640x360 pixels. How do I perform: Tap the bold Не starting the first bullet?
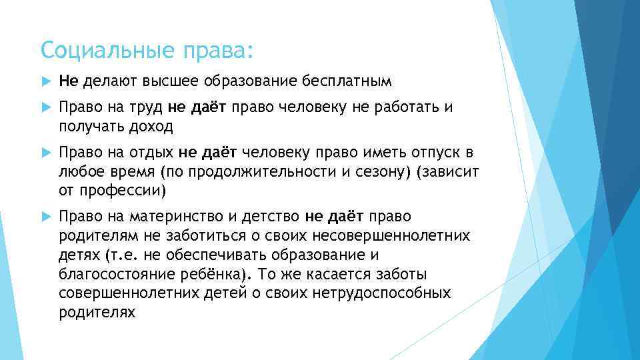pyautogui.click(x=68, y=81)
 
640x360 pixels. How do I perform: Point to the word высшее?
pyautogui.click(x=185, y=81)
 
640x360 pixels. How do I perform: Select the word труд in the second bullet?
pyautogui.click(x=147, y=109)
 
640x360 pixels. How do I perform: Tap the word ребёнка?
pyautogui.click(x=216, y=274)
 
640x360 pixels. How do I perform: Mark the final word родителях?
pyautogui.click(x=97, y=311)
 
